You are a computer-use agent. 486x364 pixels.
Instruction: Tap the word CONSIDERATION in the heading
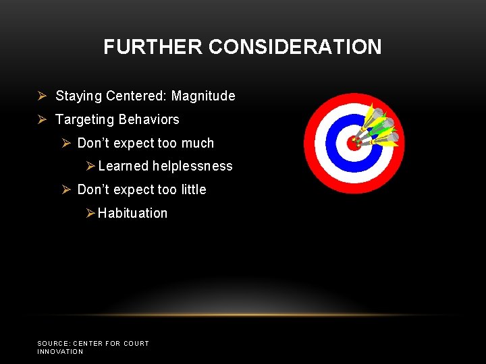[295, 47]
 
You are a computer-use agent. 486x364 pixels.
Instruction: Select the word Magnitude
[203, 96]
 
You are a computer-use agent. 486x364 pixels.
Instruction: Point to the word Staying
[78, 96]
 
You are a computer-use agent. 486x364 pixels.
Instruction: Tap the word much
[197, 144]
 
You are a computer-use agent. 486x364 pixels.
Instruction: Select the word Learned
[124, 166]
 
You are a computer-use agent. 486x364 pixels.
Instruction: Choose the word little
[193, 190]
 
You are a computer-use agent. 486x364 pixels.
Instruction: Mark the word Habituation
[132, 214]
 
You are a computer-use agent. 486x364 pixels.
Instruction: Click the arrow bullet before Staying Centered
[42, 96]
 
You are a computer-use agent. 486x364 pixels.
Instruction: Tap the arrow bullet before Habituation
[91, 214]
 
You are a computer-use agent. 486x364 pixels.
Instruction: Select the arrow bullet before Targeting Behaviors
[42, 120]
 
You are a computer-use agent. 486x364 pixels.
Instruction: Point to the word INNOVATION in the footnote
[60, 352]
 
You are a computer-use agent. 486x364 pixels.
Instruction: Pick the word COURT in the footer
[135, 344]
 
